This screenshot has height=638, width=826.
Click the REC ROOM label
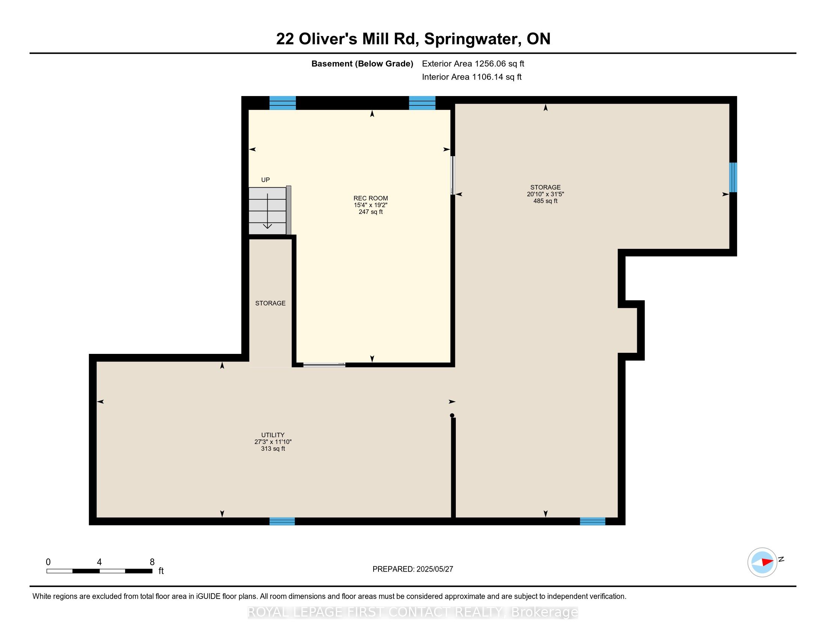(x=370, y=198)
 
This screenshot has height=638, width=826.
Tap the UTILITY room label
(x=273, y=435)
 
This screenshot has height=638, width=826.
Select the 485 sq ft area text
(x=545, y=201)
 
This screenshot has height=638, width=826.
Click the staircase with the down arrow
(x=267, y=211)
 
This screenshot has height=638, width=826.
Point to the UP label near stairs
(x=265, y=180)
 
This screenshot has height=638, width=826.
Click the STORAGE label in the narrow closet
(x=270, y=303)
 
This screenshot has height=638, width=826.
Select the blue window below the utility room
(x=282, y=521)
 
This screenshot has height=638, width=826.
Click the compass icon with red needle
(x=762, y=562)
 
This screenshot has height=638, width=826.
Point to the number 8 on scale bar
(x=152, y=562)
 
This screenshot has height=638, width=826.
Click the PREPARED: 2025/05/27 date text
(x=413, y=569)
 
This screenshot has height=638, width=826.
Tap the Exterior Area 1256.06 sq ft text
(x=473, y=64)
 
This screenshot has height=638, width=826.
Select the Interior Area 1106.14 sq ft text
(x=472, y=77)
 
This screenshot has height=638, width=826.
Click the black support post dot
(x=452, y=415)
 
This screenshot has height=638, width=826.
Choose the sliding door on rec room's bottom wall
(x=324, y=365)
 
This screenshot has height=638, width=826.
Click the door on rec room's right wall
(x=453, y=175)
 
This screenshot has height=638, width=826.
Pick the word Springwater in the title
(x=471, y=39)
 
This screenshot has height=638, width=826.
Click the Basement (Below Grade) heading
(x=362, y=64)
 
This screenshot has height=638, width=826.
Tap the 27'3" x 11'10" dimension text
(x=273, y=442)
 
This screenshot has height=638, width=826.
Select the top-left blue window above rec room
(x=282, y=103)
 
